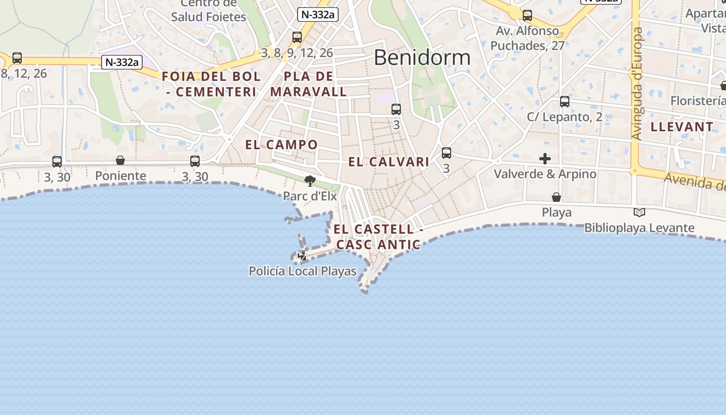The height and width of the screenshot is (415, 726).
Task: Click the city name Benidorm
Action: pyautogui.click(x=422, y=57)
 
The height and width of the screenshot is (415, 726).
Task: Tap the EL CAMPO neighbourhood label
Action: pyautogui.click(x=281, y=145)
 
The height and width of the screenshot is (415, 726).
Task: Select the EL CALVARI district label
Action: pyautogui.click(x=388, y=162)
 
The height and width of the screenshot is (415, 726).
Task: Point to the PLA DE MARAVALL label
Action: pyautogui.click(x=309, y=84)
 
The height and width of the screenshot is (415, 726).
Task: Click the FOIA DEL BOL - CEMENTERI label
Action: pyautogui.click(x=211, y=84)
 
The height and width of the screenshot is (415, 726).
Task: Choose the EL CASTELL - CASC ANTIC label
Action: pyautogui.click(x=378, y=237)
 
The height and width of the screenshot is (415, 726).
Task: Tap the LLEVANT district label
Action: pyautogui.click(x=682, y=127)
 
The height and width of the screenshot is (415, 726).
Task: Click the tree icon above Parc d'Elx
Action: pyautogui.click(x=310, y=181)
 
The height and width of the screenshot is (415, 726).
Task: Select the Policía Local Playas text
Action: pyautogui.click(x=303, y=271)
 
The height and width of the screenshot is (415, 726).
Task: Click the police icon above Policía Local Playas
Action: pyautogui.click(x=302, y=256)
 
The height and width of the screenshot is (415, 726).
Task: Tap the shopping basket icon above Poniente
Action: pyautogui.click(x=120, y=160)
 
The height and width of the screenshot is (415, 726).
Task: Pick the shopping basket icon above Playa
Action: pyautogui.click(x=556, y=197)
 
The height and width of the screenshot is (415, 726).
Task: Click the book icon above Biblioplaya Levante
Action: pyautogui.click(x=639, y=212)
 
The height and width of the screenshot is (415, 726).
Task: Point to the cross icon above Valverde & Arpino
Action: pyautogui.click(x=544, y=159)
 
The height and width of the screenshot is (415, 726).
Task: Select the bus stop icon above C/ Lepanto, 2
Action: pyautogui.click(x=565, y=102)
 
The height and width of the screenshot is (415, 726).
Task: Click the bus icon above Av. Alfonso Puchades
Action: pyautogui.click(x=527, y=16)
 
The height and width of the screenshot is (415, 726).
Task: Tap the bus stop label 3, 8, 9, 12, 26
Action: pyautogui.click(x=297, y=53)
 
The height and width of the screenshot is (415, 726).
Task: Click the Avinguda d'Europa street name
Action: pyautogui.click(x=637, y=83)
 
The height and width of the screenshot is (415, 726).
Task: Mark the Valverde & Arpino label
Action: pyautogui.click(x=544, y=174)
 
